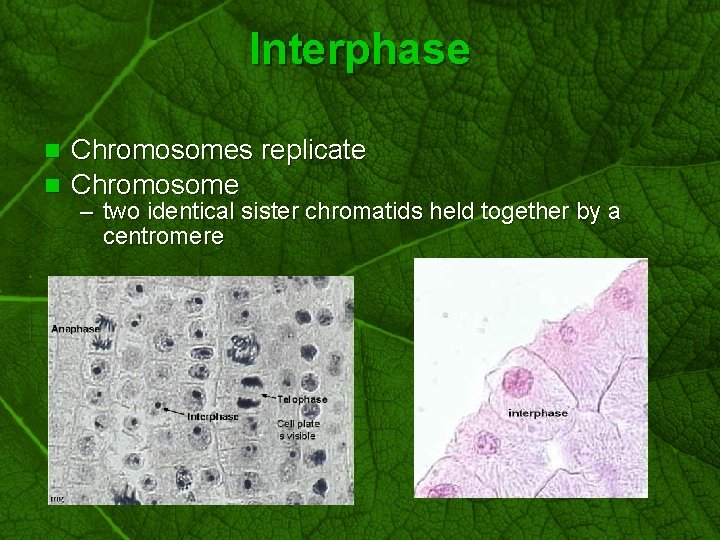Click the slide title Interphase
coord(359,49)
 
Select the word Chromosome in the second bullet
coord(155,185)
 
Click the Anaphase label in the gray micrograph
coord(75,328)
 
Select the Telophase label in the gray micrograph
coord(302,400)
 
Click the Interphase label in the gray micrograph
coord(212,417)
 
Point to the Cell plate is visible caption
coord(297,429)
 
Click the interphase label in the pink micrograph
coord(537,413)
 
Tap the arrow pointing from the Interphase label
coord(177,411)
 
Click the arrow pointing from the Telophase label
coord(268,397)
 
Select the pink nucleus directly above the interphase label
coord(518,381)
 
